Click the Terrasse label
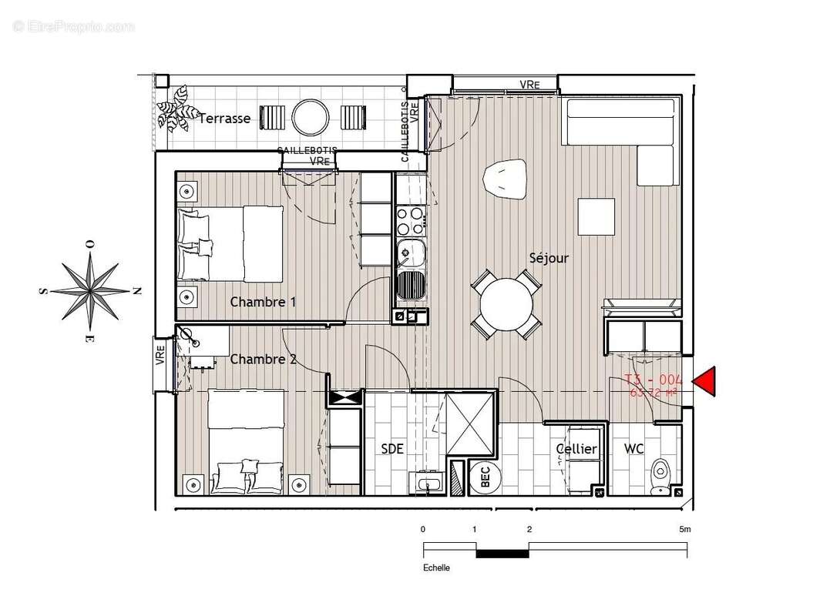[224, 119]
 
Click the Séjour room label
[548, 258]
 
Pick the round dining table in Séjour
[506, 303]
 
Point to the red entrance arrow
[705, 382]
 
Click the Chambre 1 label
[263, 302]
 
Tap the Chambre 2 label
[263, 359]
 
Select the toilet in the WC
[660, 472]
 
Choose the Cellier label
[576, 449]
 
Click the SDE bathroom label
[391, 449]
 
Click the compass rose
[90, 291]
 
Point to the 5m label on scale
[684, 530]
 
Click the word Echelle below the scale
[436, 568]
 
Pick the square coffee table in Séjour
[596, 217]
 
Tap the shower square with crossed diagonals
[469, 422]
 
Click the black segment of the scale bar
[502, 553]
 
